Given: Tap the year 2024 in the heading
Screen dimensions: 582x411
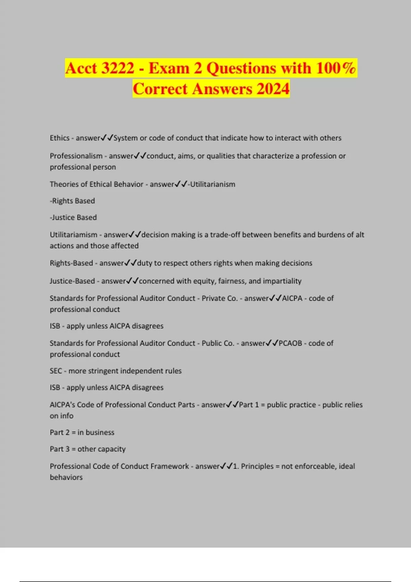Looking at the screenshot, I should click(x=273, y=89).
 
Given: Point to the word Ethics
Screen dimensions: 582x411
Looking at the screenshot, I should click(x=60, y=138).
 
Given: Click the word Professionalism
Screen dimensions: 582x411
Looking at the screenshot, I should click(x=76, y=156).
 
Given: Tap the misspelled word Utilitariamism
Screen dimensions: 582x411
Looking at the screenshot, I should click(x=74, y=235).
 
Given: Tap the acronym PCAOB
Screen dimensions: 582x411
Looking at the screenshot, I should click(x=290, y=343).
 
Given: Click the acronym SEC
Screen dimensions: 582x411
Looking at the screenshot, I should click(x=56, y=371).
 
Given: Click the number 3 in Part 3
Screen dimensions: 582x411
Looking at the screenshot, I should click(x=67, y=449).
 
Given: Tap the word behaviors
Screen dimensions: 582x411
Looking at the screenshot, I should click(x=66, y=477).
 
